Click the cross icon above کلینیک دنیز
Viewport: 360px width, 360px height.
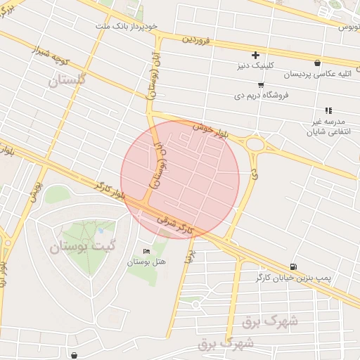255,55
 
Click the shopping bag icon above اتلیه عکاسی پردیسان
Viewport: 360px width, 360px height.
318,63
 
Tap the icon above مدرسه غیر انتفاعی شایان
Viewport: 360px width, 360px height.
328,110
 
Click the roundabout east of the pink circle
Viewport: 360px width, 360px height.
255,145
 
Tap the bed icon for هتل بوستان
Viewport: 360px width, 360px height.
146,251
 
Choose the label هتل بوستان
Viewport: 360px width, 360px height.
146,262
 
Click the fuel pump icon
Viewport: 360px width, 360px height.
292,267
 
